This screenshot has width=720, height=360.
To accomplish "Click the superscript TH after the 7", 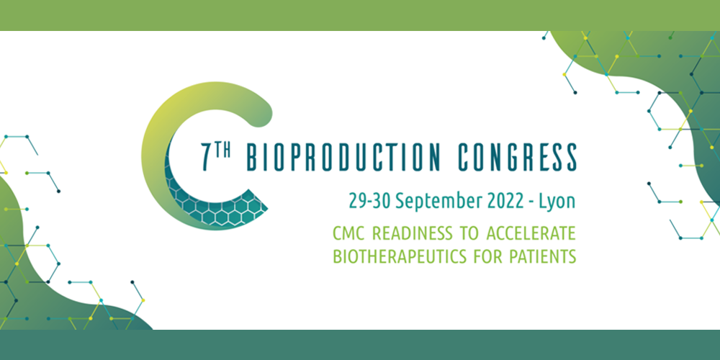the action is (223, 150).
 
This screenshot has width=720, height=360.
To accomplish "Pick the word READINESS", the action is (413, 233).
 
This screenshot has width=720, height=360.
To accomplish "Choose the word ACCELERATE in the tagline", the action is (530, 233).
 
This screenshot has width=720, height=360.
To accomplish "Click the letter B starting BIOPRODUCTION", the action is (252, 157).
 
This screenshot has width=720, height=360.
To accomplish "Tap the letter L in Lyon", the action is (543, 201).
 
